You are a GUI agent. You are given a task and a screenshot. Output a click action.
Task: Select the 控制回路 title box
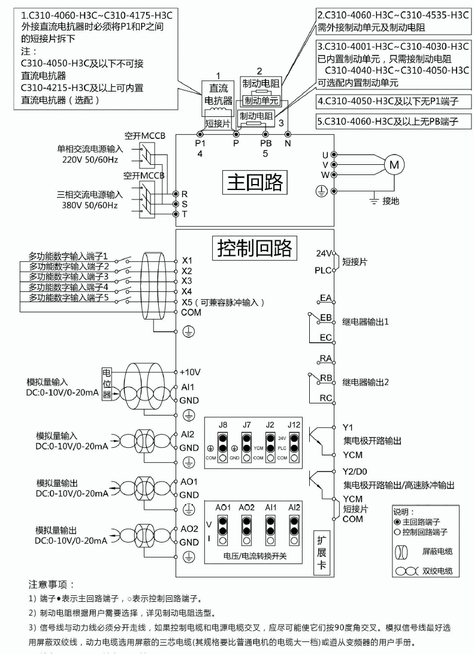(x=254, y=247)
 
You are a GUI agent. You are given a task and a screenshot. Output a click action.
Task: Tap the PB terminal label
(x=265, y=144)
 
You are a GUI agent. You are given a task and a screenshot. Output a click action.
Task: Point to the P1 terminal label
(x=200, y=144)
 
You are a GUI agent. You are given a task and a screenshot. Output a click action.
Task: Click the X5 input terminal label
(x=187, y=302)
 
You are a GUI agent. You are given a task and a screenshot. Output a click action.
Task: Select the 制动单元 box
(x=258, y=101)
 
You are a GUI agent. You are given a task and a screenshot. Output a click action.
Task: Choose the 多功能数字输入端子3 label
(x=70, y=276)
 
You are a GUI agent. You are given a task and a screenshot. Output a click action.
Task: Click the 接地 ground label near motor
(x=390, y=201)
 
